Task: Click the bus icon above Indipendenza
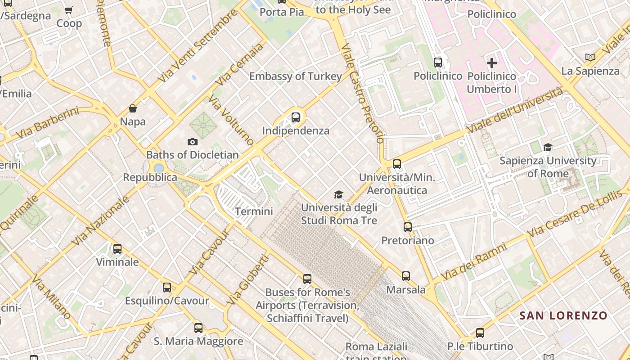(296, 117)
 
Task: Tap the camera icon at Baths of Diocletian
(193, 142)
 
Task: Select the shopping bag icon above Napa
(133, 108)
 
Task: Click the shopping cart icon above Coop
(69, 10)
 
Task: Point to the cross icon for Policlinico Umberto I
(492, 63)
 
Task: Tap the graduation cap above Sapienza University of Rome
(548, 147)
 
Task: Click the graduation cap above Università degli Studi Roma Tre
(338, 194)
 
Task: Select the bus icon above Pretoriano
(408, 227)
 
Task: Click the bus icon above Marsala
(406, 276)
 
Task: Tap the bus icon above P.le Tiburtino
(480, 333)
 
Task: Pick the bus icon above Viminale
(117, 249)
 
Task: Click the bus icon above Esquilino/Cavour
(167, 288)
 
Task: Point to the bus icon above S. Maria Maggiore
(198, 328)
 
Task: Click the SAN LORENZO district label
(563, 315)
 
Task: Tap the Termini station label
(254, 211)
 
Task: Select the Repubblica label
(150, 177)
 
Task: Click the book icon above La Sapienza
(590, 58)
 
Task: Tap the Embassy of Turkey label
(296, 76)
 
